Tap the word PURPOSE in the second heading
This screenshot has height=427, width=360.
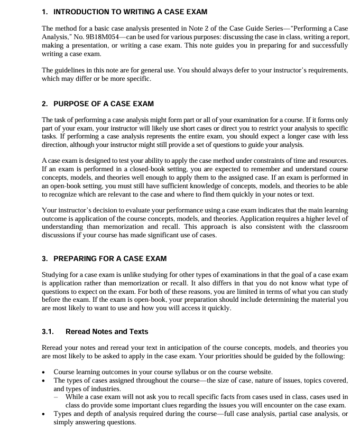pos(72,104)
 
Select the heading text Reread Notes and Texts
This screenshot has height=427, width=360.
pos(107,332)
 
